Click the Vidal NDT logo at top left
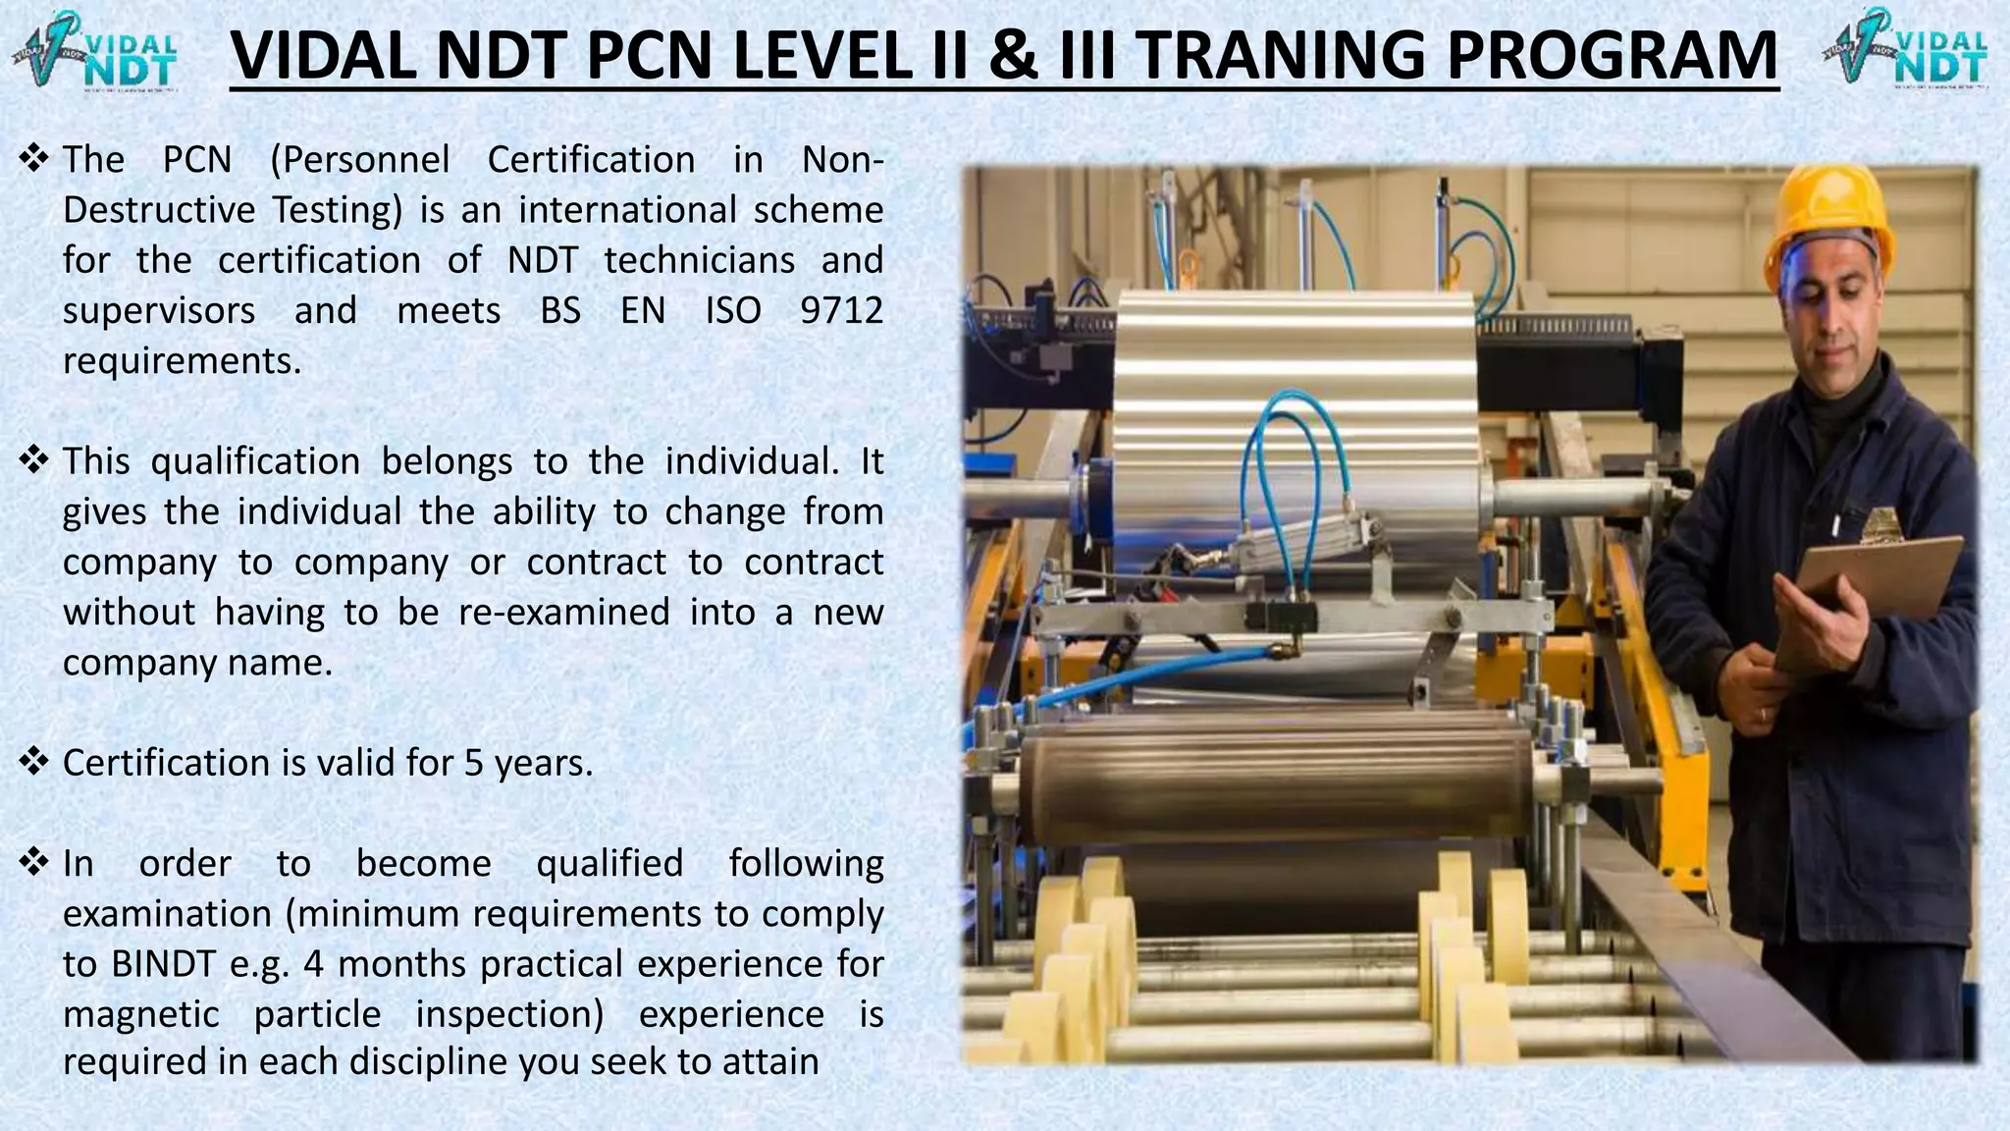click(95, 49)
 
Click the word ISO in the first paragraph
click(733, 310)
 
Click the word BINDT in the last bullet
click(163, 964)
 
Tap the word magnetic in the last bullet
click(141, 1014)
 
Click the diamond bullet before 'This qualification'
click(34, 459)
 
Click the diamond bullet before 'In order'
click(34, 862)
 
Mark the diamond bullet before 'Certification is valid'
click(34, 761)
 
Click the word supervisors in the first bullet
click(159, 310)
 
